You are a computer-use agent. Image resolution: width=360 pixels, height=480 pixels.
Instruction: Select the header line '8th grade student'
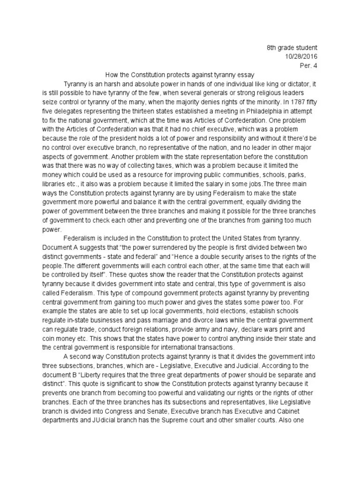coord(292,47)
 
